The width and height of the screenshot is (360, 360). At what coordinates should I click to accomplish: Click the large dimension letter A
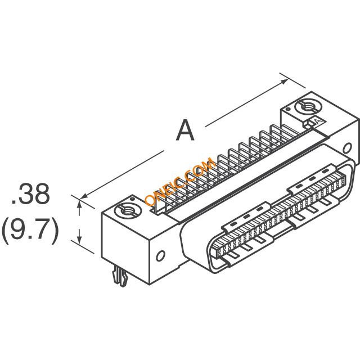pyautogui.click(x=185, y=130)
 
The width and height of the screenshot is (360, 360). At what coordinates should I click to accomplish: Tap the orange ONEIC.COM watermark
pyautogui.click(x=180, y=181)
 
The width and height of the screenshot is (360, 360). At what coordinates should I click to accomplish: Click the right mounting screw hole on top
pyautogui.click(x=309, y=107)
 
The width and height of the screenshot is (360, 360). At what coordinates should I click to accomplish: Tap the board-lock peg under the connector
pyautogui.click(x=120, y=277)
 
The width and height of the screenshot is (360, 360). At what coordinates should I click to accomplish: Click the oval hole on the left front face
pyautogui.click(x=160, y=256)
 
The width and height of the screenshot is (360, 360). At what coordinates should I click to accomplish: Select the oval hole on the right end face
pyautogui.click(x=348, y=148)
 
